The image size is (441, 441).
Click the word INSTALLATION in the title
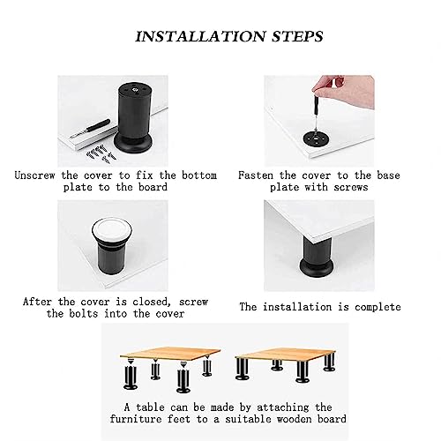(201, 36)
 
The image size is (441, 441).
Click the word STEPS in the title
(297, 36)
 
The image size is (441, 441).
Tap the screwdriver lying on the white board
(90, 129)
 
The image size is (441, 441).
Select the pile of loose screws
(100, 153)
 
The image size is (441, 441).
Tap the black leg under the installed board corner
(317, 257)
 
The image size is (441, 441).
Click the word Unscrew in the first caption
(34, 176)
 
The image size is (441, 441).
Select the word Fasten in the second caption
(256, 176)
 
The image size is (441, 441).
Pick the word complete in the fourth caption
(377, 307)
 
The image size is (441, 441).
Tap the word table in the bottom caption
(150, 407)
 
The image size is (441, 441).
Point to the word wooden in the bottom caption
(294, 419)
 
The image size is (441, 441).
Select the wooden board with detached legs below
(170, 355)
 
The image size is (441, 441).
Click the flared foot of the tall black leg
(133, 145)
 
